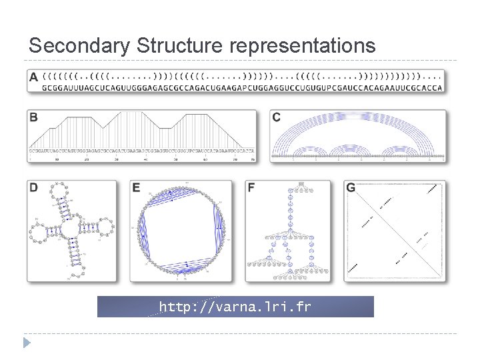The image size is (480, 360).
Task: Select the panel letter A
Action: click(x=34, y=77)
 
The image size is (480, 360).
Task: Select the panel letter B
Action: click(x=33, y=117)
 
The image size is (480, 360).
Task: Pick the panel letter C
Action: click(x=277, y=117)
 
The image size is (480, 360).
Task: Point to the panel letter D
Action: click(x=34, y=188)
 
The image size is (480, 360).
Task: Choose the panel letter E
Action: click(x=136, y=188)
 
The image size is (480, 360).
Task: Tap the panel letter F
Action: click(x=251, y=188)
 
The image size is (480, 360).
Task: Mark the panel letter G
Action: click(x=351, y=188)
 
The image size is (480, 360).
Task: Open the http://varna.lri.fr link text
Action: click(x=235, y=307)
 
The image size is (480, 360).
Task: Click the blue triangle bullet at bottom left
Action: click(x=27, y=343)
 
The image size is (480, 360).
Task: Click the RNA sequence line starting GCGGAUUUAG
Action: click(x=242, y=87)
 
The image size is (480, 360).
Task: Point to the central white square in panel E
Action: click(x=180, y=230)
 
